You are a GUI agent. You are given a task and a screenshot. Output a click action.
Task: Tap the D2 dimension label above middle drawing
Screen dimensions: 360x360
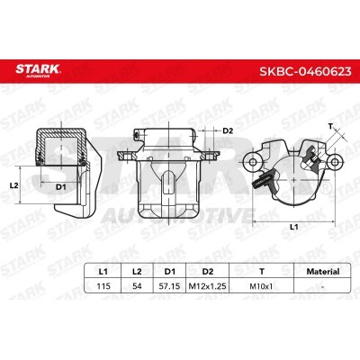coord(228,131)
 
